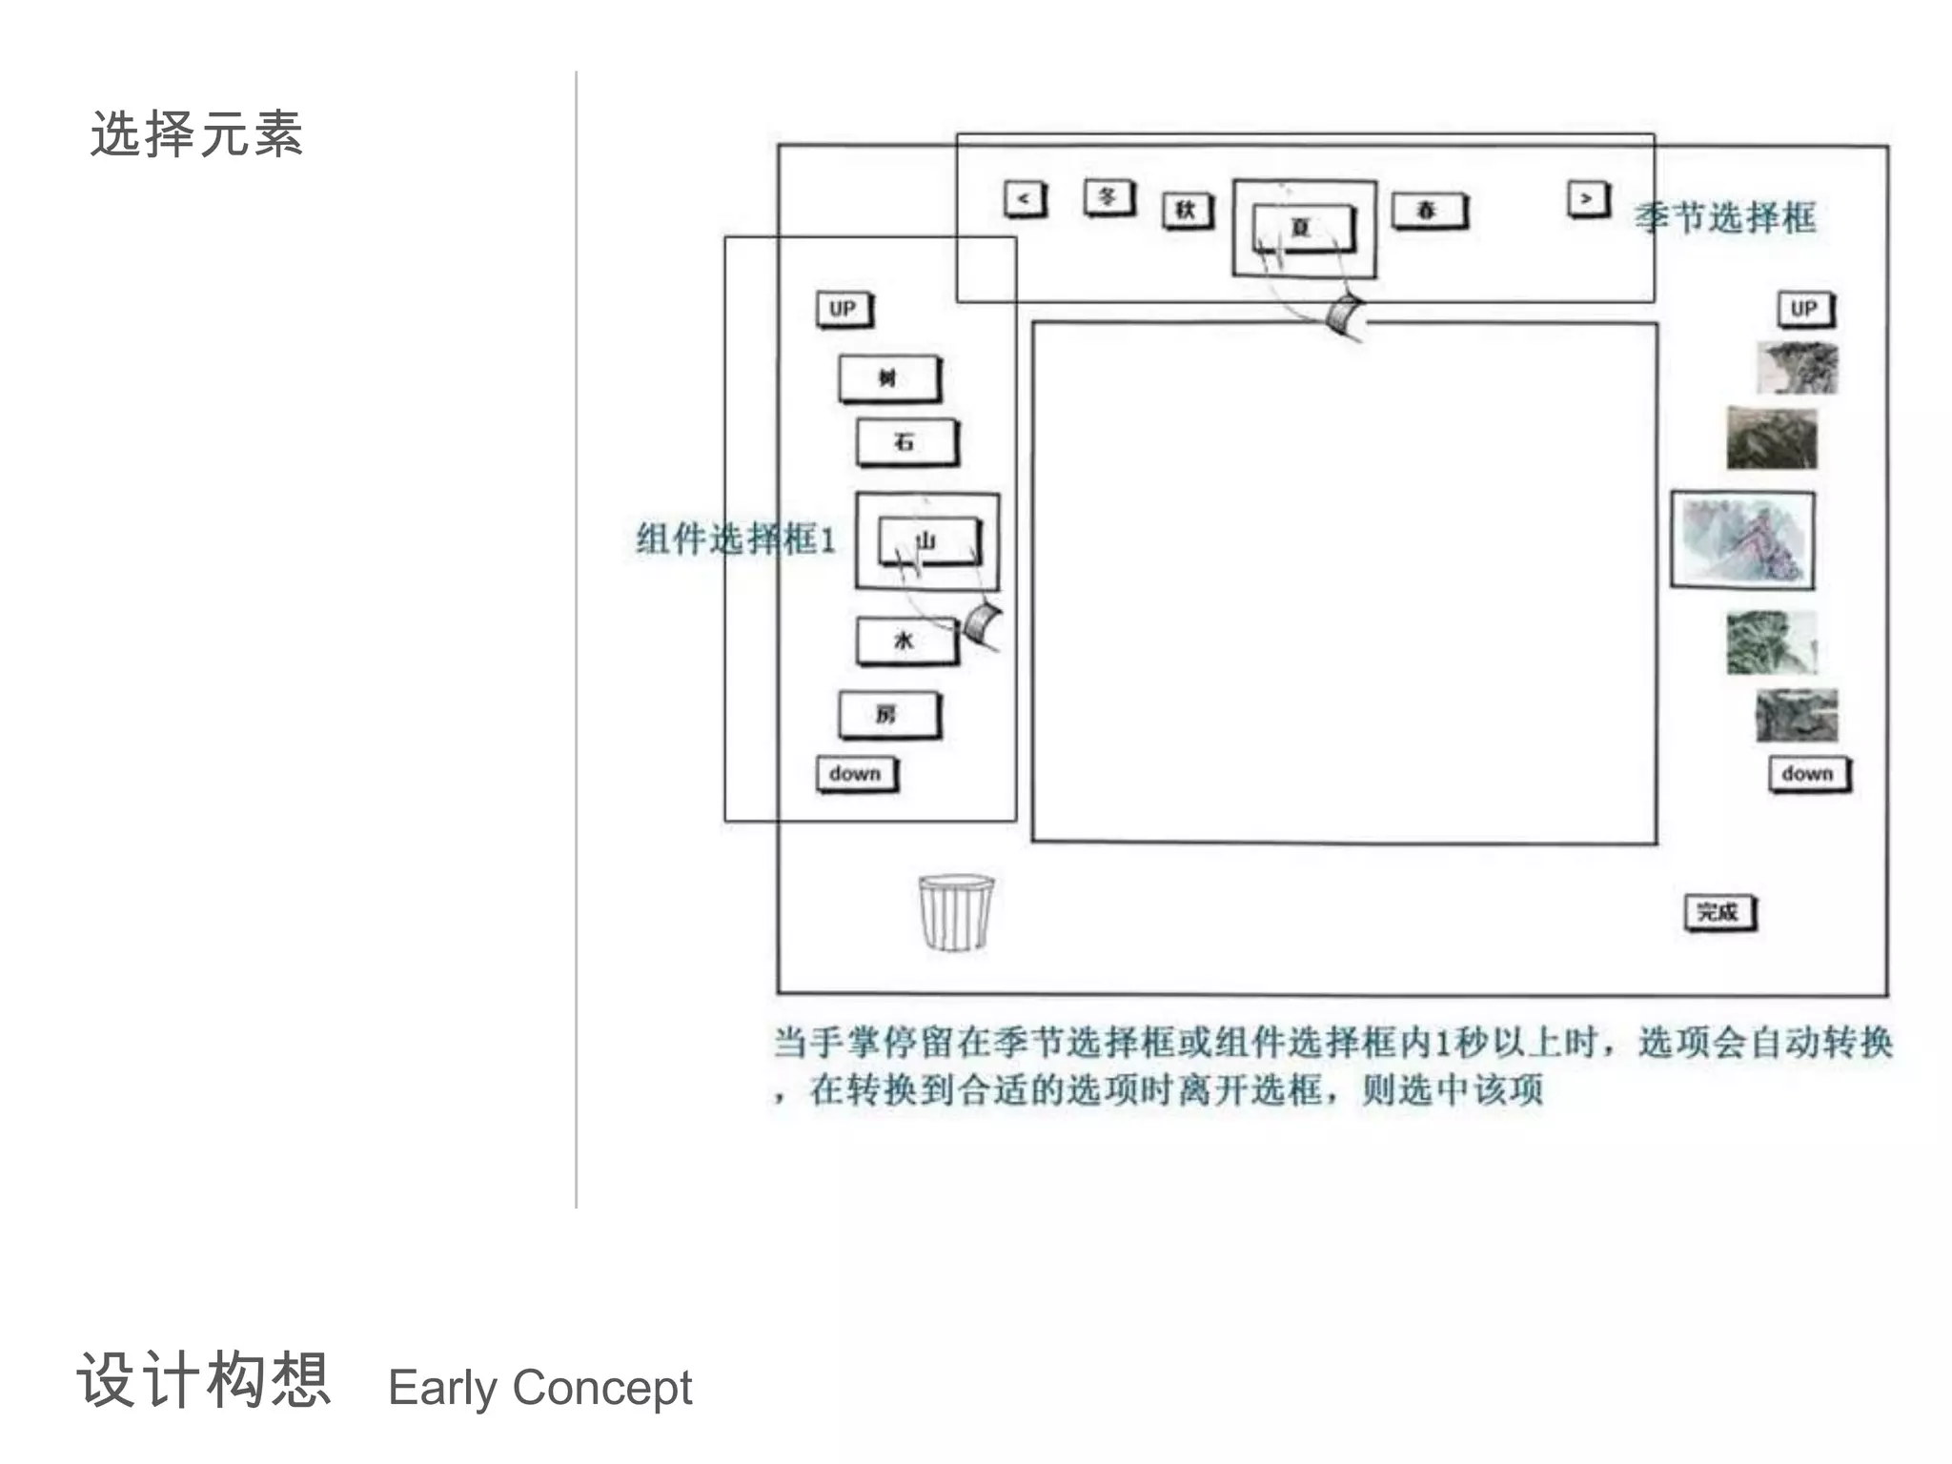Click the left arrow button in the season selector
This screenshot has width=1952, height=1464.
click(1025, 199)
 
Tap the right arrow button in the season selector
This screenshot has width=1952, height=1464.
click(1587, 199)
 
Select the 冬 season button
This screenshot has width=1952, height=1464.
click(1108, 197)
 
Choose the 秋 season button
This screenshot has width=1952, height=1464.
click(1187, 211)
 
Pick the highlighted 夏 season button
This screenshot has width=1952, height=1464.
click(1302, 228)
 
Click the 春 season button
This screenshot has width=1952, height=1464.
click(1428, 211)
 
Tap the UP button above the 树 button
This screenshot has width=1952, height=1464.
click(844, 309)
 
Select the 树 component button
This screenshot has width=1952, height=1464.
click(889, 378)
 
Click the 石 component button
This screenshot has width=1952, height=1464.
click(905, 442)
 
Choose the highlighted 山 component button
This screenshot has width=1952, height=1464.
click(928, 541)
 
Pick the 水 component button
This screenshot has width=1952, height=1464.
click(905, 640)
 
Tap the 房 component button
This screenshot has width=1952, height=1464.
click(888, 715)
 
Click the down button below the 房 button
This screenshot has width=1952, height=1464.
click(856, 774)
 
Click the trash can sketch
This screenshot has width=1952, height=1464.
click(955, 912)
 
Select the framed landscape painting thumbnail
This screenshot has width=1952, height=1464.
click(1742, 540)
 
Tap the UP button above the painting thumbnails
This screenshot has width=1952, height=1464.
click(1804, 309)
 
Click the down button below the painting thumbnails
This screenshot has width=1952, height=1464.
click(1808, 774)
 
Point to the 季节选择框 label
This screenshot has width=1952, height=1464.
click(1725, 218)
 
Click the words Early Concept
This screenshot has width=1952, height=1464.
click(539, 1387)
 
